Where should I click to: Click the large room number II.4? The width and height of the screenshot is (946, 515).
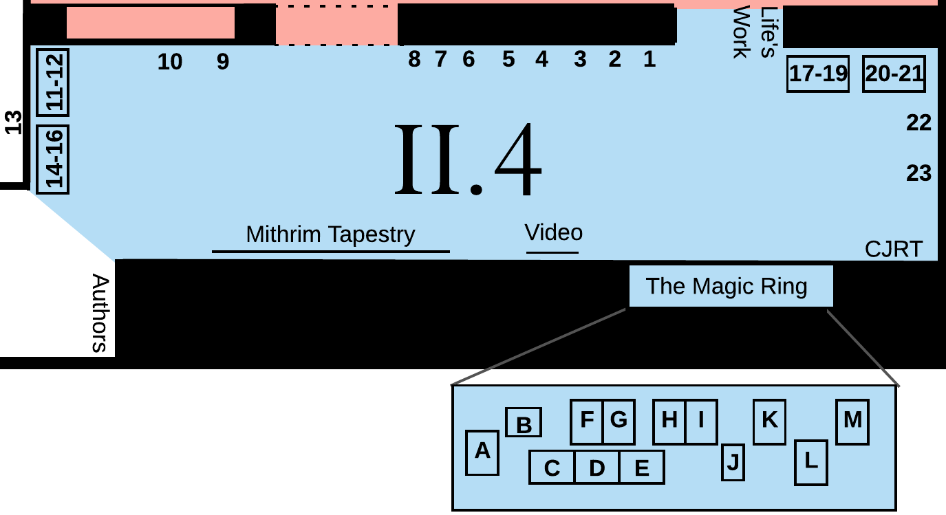[x=468, y=159]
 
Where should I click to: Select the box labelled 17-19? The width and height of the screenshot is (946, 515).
[x=818, y=74]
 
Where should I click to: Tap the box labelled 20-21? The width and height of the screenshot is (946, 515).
[x=894, y=74]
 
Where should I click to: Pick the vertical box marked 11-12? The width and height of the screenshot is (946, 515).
[x=53, y=83]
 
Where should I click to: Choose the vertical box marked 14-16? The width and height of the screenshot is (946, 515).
[x=53, y=160]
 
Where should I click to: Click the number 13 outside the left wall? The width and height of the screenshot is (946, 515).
[x=13, y=122]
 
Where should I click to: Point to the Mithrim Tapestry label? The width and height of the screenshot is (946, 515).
[x=330, y=234]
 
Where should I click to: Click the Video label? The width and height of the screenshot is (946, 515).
[x=553, y=232]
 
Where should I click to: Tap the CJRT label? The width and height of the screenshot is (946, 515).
[x=894, y=249]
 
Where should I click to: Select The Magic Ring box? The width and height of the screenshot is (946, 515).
[x=731, y=286]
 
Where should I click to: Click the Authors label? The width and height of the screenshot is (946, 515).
[x=100, y=313]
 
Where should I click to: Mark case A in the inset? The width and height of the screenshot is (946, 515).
[x=482, y=453]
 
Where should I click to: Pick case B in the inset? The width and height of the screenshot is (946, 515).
[x=524, y=422]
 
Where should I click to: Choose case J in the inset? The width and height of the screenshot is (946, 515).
[x=733, y=462]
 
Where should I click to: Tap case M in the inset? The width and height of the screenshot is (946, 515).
[x=852, y=421]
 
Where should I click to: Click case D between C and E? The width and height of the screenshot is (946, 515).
[x=596, y=467]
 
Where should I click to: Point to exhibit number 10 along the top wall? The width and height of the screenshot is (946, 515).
[x=170, y=62]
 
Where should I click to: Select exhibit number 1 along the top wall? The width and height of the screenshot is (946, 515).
[x=649, y=59]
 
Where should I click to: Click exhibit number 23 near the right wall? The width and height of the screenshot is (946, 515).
[x=919, y=173]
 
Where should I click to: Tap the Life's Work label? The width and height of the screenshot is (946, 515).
[x=755, y=32]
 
